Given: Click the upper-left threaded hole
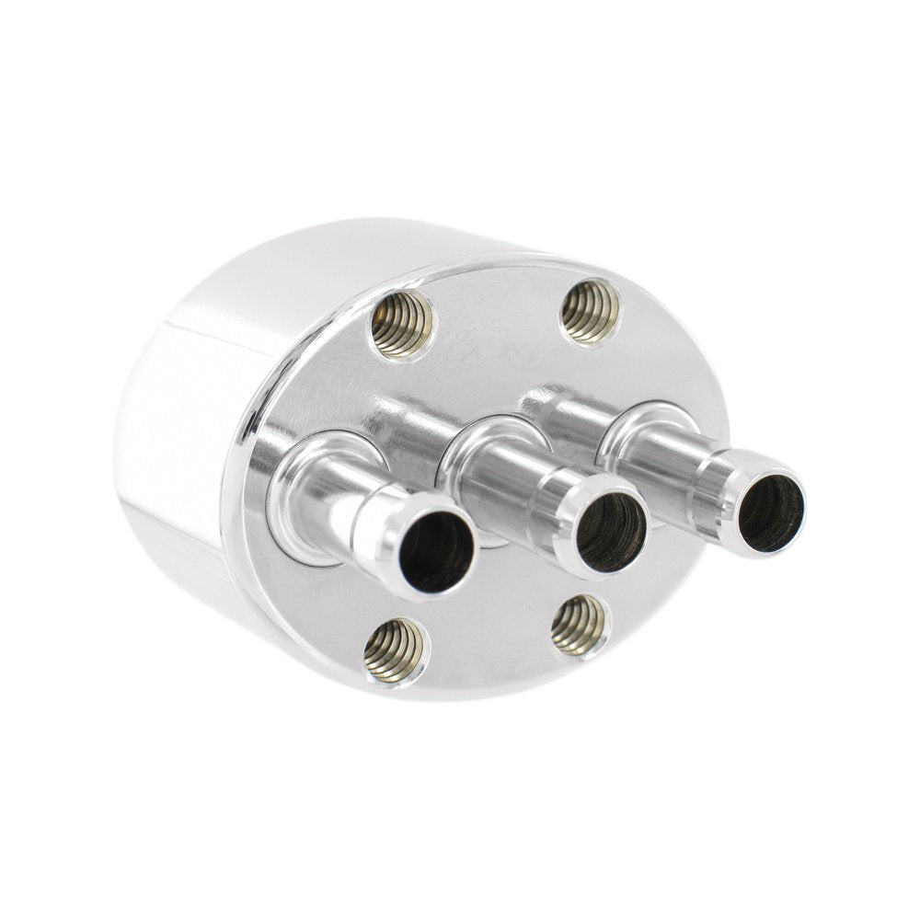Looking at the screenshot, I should pos(401,324).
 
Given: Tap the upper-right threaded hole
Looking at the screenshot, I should pos(591,311).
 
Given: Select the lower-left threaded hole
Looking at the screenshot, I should pos(395,650).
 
